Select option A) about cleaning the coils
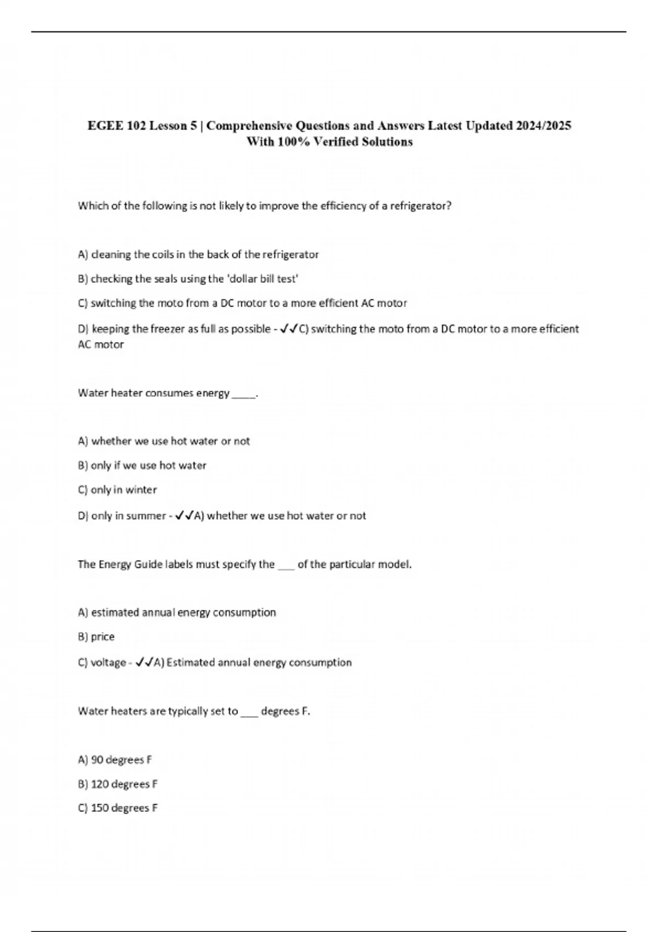tap(198, 254)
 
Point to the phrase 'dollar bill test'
tap(262, 279)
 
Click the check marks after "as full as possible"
tap(288, 329)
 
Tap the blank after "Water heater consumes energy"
tap(244, 394)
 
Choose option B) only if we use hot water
tap(142, 465)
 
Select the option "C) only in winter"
tap(117, 490)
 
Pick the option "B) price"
tap(97, 637)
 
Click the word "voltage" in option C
tap(108, 662)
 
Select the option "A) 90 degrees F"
tap(115, 760)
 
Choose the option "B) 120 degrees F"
tap(118, 784)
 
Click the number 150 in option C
tap(100, 808)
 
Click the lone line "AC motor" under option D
tap(101, 345)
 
